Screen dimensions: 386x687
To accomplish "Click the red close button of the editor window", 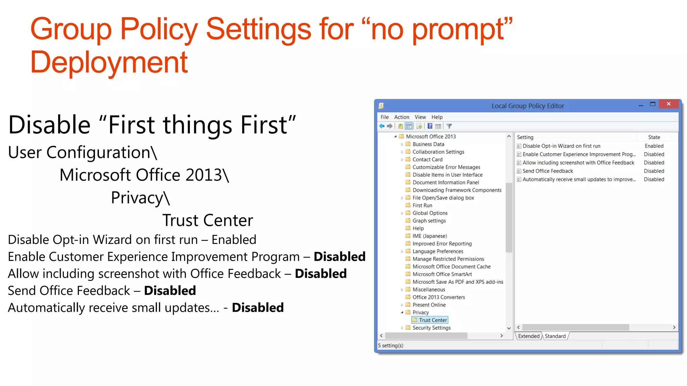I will coord(668,104).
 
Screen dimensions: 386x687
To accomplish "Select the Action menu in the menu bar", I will coord(402,117).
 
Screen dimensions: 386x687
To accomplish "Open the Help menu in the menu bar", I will coord(437,117).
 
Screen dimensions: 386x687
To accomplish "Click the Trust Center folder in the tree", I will coord(433,320).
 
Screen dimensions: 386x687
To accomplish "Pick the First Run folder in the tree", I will coord(422,205).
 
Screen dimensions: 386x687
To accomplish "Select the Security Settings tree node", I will coord(431,328).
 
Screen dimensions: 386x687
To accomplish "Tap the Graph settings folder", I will coord(429,220).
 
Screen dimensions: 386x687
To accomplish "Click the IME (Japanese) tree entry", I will coord(430,236).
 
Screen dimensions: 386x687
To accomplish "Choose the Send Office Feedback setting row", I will coord(548,171).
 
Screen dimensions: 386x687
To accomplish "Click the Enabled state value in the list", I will coord(654,146).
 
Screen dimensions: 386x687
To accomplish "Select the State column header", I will coord(654,137).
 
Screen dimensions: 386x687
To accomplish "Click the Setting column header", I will coord(525,137).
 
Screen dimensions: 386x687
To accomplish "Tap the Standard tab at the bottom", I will coord(555,336).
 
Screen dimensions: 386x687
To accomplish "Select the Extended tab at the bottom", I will coord(529,336).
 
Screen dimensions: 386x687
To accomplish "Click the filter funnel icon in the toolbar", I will coord(449,126).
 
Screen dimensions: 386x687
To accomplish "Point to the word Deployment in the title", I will coord(109,62).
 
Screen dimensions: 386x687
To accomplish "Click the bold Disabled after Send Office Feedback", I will coord(170,291).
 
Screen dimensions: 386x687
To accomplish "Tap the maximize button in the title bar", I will coord(652,104).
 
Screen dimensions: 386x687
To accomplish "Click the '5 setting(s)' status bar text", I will coord(390,345).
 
